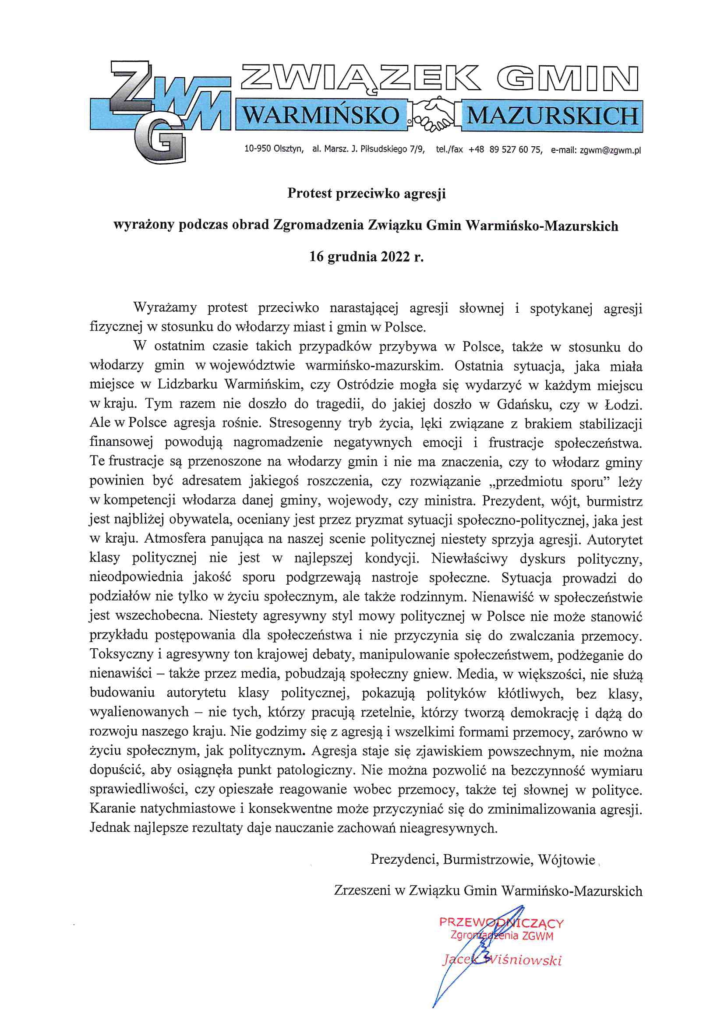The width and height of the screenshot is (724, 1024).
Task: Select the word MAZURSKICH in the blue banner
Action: tap(552, 116)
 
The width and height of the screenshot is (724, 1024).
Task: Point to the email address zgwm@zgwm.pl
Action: tap(610, 150)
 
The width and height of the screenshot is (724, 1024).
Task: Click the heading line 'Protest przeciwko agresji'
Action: tap(366, 194)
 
